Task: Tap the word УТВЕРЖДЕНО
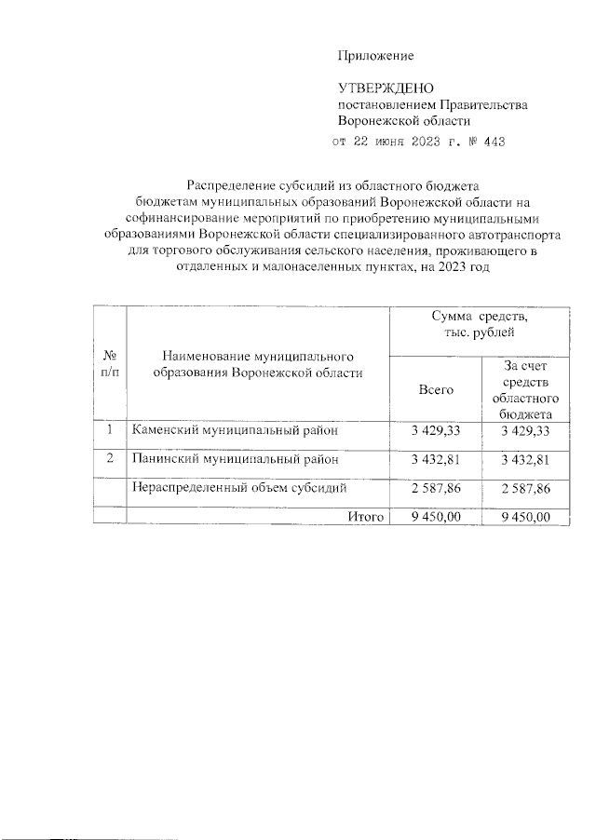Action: [386, 89]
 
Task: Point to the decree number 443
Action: [497, 142]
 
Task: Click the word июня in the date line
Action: [391, 142]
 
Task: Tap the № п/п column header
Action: [109, 364]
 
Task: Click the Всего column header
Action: [436, 389]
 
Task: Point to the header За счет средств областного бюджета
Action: [526, 389]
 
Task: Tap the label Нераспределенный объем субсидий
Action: [239, 487]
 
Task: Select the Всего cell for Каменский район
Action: [436, 430]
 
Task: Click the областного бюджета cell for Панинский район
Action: [526, 459]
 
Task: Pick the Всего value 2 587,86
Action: [436, 487]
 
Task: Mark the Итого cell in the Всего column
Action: [436, 517]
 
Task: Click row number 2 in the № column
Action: [109, 458]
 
